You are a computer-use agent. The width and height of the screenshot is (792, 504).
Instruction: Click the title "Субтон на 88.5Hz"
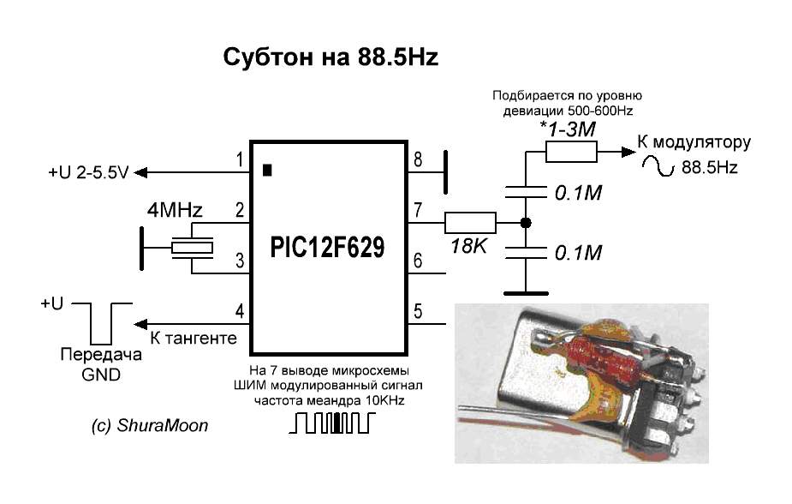(x=330, y=58)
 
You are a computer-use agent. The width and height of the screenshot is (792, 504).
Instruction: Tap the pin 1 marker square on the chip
(x=268, y=170)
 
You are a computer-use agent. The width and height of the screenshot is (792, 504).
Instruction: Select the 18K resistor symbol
(x=470, y=223)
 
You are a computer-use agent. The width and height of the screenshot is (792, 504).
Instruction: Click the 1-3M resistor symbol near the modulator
(x=571, y=153)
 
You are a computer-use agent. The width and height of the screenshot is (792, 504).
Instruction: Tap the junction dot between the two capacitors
(x=526, y=223)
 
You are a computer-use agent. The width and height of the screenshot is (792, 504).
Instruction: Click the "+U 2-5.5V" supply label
(x=88, y=173)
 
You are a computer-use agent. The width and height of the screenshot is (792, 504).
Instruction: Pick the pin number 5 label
(x=417, y=311)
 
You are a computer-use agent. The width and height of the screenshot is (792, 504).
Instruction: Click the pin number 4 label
(x=240, y=311)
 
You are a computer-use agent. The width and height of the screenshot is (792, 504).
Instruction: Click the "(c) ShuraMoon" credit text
(x=151, y=424)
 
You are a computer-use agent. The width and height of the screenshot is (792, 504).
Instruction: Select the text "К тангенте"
(x=193, y=339)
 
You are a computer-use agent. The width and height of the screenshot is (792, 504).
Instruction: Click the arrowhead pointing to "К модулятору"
(x=628, y=153)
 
